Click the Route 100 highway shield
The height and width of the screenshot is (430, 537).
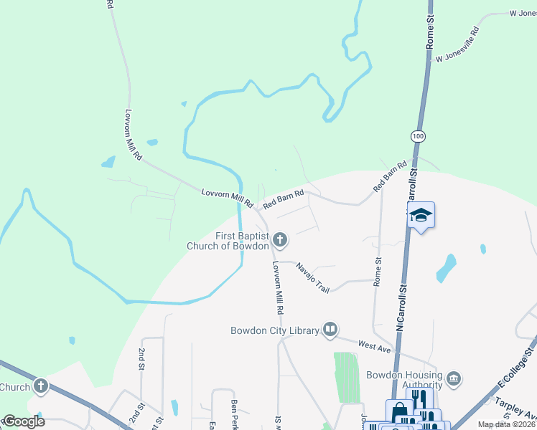tap(417, 136)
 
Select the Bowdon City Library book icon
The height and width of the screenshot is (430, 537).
tap(330, 330)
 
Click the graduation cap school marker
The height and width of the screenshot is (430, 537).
tap(421, 214)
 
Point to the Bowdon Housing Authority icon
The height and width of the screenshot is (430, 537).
tap(453, 378)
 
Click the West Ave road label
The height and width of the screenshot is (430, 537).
tap(373, 346)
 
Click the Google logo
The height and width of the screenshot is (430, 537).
tap(23, 421)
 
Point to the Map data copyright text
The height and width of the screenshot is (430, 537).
tap(506, 424)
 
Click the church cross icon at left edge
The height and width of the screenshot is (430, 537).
tap(41, 387)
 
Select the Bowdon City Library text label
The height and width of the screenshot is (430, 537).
tap(274, 330)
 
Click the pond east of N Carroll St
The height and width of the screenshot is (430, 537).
tap(446, 267)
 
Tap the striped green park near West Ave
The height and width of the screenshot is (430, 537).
tap(346, 376)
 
